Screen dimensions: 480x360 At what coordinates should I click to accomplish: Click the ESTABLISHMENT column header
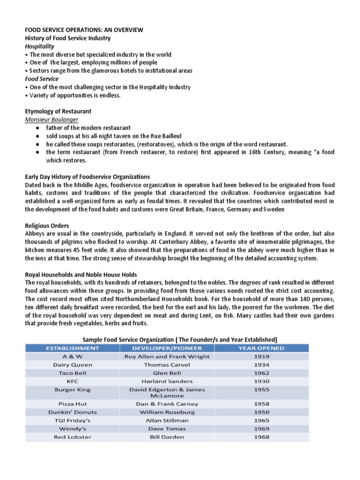pos(72,348)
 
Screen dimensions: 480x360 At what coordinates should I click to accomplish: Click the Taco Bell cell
pos(72,373)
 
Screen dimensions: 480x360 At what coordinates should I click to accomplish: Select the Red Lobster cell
pos(72,437)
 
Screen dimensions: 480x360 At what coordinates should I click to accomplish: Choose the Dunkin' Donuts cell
pos(72,412)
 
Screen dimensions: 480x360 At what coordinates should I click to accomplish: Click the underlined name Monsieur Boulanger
pos(52,120)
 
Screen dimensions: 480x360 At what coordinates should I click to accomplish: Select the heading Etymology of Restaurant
pos(58,112)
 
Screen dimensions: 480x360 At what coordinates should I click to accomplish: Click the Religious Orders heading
pos(47,226)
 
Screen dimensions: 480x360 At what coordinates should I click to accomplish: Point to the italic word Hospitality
pos(39,46)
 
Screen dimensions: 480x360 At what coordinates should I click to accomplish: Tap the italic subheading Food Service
pos(42,79)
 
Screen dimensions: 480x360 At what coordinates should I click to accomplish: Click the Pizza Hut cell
pos(72,404)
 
